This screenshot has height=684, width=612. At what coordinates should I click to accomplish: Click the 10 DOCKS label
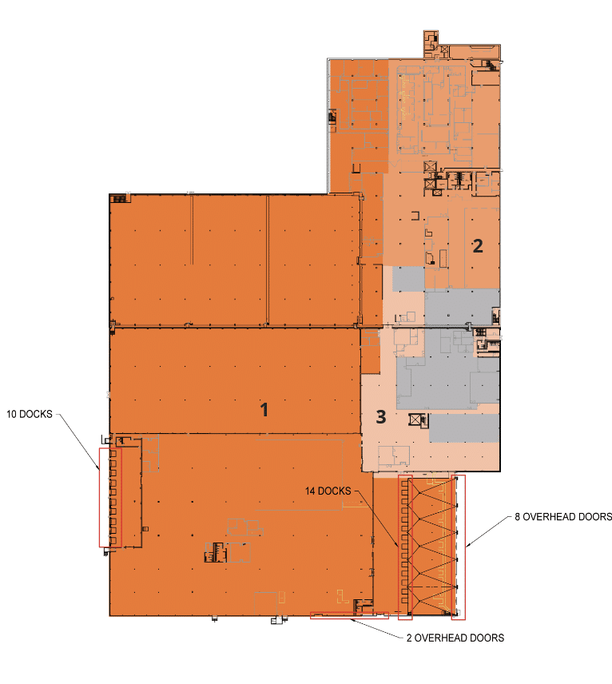pos(29,415)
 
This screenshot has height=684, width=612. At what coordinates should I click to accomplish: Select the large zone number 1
pos(264,410)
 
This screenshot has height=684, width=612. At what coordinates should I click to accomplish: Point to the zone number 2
pos(477,245)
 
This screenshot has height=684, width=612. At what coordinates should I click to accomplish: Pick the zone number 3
pos(381,416)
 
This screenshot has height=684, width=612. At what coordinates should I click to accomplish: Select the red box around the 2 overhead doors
pos(348,615)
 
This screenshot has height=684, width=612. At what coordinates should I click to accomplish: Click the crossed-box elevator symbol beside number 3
pos(415,419)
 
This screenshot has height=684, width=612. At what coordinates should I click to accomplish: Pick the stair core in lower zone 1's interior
pos(215,552)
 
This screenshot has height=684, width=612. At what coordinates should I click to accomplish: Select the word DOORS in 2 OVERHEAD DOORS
pos(487,638)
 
